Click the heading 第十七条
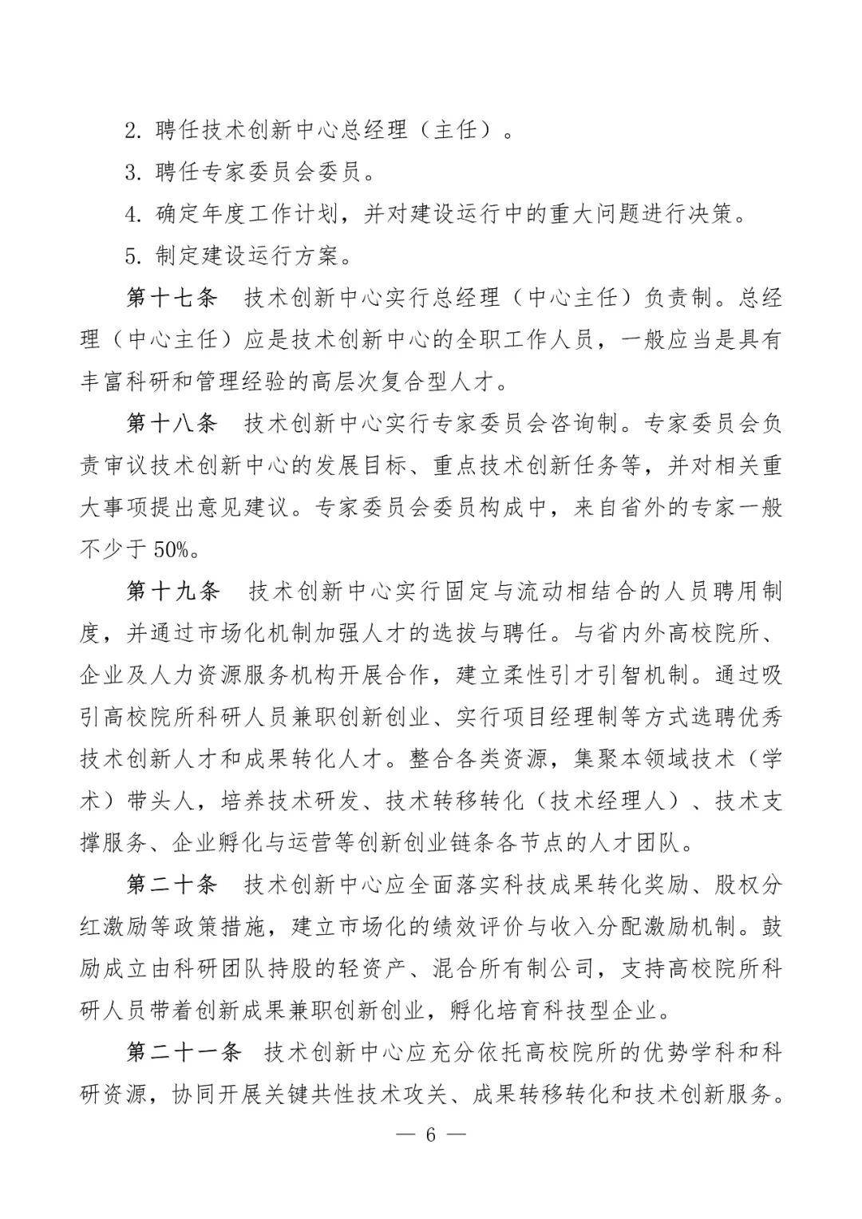point(172,298)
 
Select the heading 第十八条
point(172,423)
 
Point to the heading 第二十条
point(172,885)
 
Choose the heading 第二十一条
point(184,1052)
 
